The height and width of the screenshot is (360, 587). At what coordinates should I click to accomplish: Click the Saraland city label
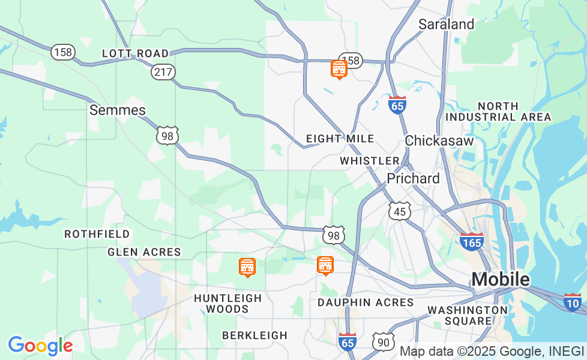pyautogui.click(x=446, y=25)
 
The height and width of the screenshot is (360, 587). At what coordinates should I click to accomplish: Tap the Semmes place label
pyautogui.click(x=118, y=110)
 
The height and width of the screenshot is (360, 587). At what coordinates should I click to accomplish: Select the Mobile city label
pyautogui.click(x=500, y=280)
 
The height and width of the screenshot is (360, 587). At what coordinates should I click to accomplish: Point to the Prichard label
pyautogui.click(x=413, y=179)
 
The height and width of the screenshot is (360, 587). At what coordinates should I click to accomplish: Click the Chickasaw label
pyautogui.click(x=439, y=140)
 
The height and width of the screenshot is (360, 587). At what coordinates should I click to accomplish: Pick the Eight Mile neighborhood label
pyautogui.click(x=340, y=139)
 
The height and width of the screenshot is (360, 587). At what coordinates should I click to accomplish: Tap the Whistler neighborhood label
pyautogui.click(x=369, y=161)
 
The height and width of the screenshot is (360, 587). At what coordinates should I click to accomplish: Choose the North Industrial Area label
pyautogui.click(x=498, y=112)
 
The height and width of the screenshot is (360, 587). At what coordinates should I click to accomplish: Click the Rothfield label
pyautogui.click(x=97, y=234)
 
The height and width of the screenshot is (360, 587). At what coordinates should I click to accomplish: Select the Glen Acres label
pyautogui.click(x=144, y=252)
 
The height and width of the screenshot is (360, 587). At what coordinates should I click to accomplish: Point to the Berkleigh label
pyautogui.click(x=254, y=335)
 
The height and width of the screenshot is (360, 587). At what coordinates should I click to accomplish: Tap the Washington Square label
pyautogui.click(x=468, y=315)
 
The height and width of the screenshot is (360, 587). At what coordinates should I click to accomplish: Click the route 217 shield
pyautogui.click(x=163, y=72)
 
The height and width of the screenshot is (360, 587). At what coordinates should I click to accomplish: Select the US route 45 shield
pyautogui.click(x=399, y=211)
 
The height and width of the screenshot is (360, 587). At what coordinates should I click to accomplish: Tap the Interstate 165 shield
pyautogui.click(x=472, y=241)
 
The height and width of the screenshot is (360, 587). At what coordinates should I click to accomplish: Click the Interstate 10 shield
pyautogui.click(x=573, y=302)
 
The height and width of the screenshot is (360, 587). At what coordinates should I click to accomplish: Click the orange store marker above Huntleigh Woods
pyautogui.click(x=247, y=267)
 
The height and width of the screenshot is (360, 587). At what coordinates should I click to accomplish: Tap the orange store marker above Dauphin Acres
pyautogui.click(x=325, y=265)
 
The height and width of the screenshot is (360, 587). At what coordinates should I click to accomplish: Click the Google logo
pyautogui.click(x=40, y=346)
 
